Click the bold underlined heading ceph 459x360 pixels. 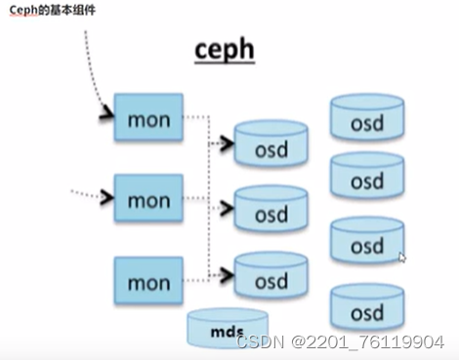click(x=224, y=48)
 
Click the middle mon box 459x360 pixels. click(x=148, y=200)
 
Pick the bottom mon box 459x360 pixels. click(x=148, y=282)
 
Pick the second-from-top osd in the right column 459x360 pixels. click(x=367, y=179)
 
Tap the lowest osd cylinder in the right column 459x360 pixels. click(x=367, y=310)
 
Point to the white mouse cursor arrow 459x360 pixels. click(x=402, y=258)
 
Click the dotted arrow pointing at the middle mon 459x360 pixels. click(x=93, y=196)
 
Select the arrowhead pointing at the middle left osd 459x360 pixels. click(x=228, y=206)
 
